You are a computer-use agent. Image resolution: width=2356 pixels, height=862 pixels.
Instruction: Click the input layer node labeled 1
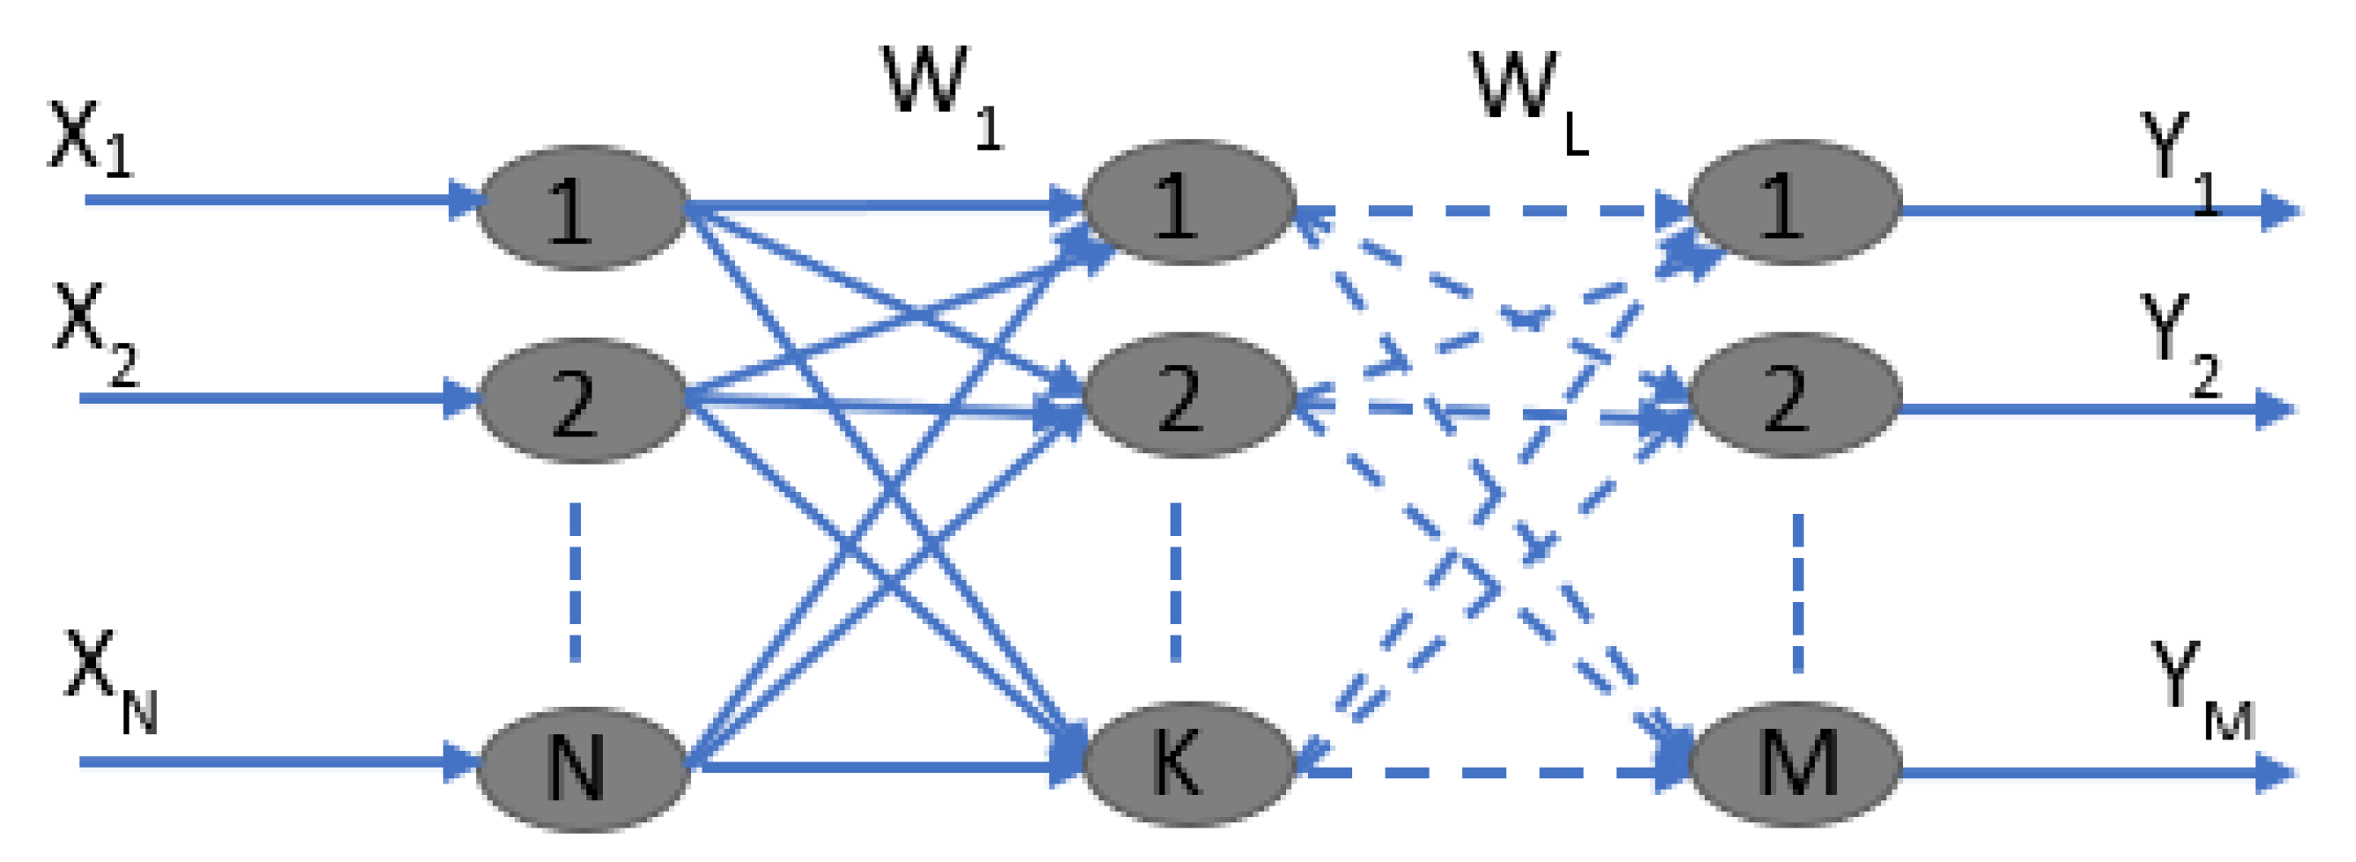pyautogui.click(x=582, y=206)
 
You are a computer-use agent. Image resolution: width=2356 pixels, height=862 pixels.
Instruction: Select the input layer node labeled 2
pyautogui.click(x=582, y=399)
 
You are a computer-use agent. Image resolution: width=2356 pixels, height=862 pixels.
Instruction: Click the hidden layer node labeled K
pyautogui.click(x=1188, y=762)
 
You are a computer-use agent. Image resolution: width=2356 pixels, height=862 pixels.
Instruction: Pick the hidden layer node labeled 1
pyautogui.click(x=1188, y=203)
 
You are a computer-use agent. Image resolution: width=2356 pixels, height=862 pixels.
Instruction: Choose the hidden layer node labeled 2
pyautogui.click(x=1188, y=395)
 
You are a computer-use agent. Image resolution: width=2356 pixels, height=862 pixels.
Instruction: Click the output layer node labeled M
pyautogui.click(x=1795, y=762)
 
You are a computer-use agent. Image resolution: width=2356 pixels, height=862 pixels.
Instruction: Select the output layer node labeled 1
pyautogui.click(x=1795, y=203)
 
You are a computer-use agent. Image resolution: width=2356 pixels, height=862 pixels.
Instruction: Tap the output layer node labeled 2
pyautogui.click(x=1795, y=395)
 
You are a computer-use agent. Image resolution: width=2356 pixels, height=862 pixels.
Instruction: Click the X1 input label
pyautogui.click(x=90, y=139)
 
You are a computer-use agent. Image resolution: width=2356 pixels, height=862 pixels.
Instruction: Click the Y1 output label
pyautogui.click(x=2177, y=160)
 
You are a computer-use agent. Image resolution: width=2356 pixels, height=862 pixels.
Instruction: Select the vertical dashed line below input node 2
pyautogui.click(x=575, y=583)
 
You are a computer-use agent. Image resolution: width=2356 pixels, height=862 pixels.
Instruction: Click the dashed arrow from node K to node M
pyautogui.click(x=1490, y=772)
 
